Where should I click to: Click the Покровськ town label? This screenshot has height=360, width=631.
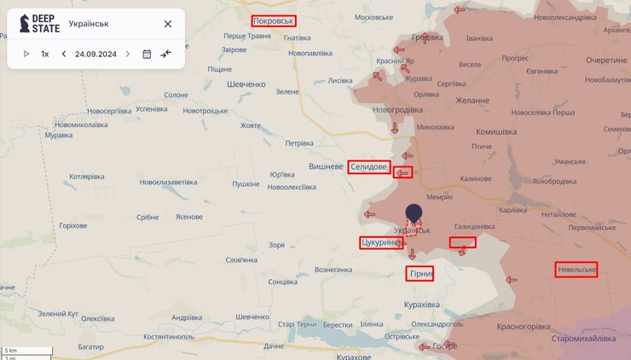[x=274, y=20]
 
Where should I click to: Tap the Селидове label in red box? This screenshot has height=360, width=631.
[x=369, y=167]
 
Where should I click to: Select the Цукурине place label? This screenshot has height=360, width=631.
[x=380, y=243]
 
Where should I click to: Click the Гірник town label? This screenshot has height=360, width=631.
[x=420, y=274]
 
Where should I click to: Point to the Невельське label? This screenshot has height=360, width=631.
[x=576, y=270]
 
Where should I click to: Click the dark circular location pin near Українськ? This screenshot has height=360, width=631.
[x=414, y=213]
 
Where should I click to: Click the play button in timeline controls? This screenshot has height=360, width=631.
[x=26, y=54]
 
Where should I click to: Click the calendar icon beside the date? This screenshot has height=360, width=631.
[x=147, y=54]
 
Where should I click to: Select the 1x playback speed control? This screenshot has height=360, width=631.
[x=45, y=54]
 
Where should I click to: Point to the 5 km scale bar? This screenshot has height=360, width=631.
[x=26, y=351]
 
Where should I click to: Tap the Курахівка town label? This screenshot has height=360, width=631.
[x=422, y=304]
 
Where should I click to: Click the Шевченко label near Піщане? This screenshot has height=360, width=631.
[x=247, y=84]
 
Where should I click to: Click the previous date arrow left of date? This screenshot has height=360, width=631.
[x=64, y=54]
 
